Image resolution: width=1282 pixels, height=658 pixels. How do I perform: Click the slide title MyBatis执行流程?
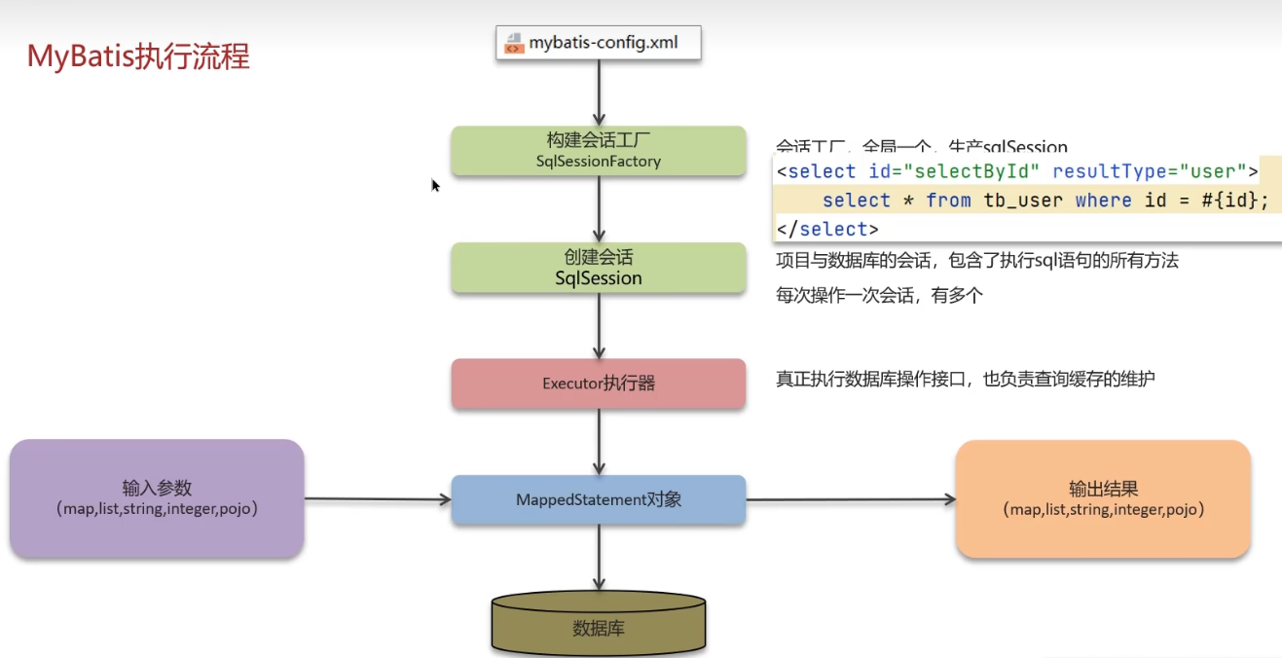point(138,56)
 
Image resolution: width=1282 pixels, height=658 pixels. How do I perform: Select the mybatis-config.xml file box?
point(598,43)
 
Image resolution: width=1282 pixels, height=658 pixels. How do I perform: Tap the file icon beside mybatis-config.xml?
point(514,43)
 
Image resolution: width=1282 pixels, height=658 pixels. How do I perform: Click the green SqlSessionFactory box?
point(598,151)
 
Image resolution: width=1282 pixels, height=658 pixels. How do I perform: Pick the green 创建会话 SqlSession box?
point(598,268)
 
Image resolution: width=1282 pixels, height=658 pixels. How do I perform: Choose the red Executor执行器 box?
point(598,384)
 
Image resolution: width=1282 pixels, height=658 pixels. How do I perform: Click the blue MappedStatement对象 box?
point(598,500)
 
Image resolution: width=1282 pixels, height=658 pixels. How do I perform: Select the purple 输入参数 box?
point(157,498)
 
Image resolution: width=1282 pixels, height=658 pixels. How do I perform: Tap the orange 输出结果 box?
point(1103,498)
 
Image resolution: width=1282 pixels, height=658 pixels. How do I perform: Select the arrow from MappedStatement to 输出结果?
point(851,500)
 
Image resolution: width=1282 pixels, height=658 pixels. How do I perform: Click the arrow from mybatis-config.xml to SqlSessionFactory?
point(598,93)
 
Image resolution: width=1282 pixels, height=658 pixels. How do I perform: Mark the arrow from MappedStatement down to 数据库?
point(598,559)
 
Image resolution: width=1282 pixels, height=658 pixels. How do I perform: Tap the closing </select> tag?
point(827,230)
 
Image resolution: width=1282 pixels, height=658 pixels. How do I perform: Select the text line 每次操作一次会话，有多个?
point(879,296)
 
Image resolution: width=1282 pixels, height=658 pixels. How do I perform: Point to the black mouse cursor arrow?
point(436,185)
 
